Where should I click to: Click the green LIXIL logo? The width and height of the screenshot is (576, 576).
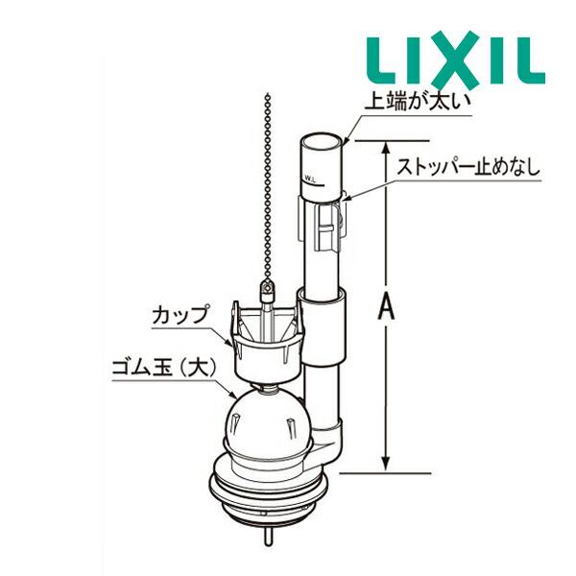click(x=456, y=60)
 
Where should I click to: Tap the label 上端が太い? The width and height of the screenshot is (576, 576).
click(x=418, y=102)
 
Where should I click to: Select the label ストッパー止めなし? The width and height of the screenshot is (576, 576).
click(x=469, y=167)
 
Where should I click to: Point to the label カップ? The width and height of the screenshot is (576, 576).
click(x=180, y=315)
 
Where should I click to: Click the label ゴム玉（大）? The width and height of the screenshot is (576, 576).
click(x=164, y=367)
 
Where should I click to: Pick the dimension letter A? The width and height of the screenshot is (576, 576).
click(x=386, y=307)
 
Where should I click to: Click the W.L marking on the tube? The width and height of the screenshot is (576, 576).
click(x=311, y=179)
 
